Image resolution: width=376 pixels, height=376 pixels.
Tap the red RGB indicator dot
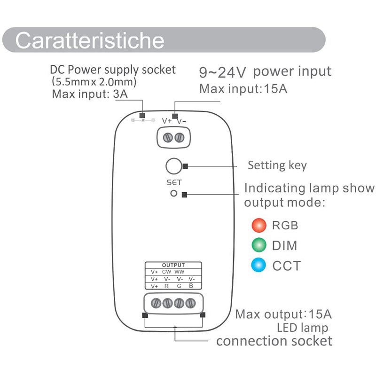click(x=259, y=225)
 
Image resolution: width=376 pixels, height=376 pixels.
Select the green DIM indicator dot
click(x=259, y=245)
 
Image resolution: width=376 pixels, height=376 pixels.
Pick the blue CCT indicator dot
click(x=259, y=266)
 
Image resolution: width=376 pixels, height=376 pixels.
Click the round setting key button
click(x=173, y=166)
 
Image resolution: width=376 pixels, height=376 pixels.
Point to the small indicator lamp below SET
click(x=173, y=194)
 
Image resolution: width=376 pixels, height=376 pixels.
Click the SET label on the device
click(x=173, y=182)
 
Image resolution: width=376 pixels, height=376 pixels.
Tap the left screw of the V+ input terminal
click(x=168, y=137)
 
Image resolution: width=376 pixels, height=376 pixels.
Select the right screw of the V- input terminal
click(x=179, y=137)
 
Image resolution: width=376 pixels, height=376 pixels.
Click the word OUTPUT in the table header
click(x=173, y=265)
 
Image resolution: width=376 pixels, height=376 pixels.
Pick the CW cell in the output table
click(x=167, y=272)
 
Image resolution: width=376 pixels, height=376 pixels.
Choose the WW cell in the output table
click(x=180, y=272)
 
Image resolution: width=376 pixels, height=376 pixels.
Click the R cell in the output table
click(x=167, y=286)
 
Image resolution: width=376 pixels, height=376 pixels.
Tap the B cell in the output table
click(x=190, y=286)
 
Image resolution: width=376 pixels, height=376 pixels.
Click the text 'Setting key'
click(x=277, y=165)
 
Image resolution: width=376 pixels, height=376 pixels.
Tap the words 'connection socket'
click(x=274, y=341)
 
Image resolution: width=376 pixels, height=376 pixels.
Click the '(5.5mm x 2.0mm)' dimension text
click(x=94, y=82)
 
